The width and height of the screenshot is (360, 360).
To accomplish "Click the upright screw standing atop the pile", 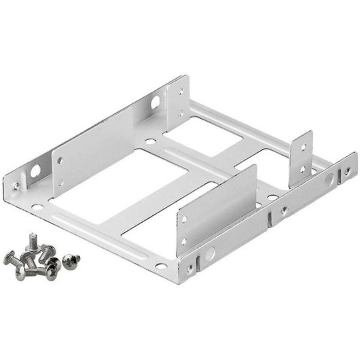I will tap(32, 239).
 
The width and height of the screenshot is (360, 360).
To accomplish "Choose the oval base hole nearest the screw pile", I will tap(99, 223).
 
